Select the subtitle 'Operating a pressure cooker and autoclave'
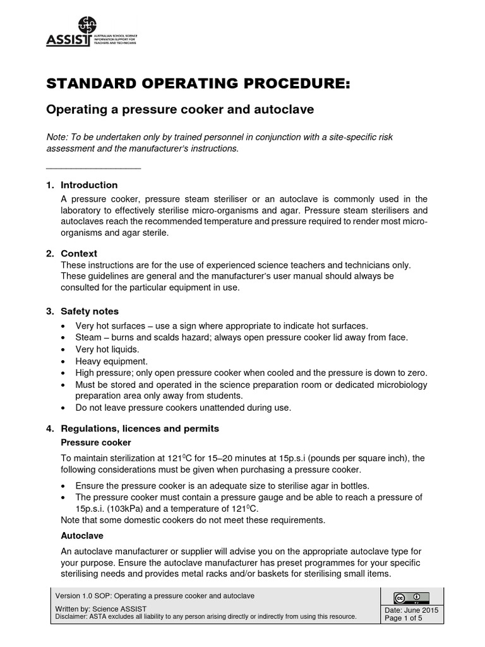coord(181,109)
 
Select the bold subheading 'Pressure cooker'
coord(95,442)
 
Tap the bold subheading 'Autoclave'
coord(78,534)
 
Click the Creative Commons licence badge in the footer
coord(411,597)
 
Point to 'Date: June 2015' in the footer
coord(412,610)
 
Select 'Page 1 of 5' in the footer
coord(407,619)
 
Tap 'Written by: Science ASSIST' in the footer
coord(101,609)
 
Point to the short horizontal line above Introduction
coord(94,168)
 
